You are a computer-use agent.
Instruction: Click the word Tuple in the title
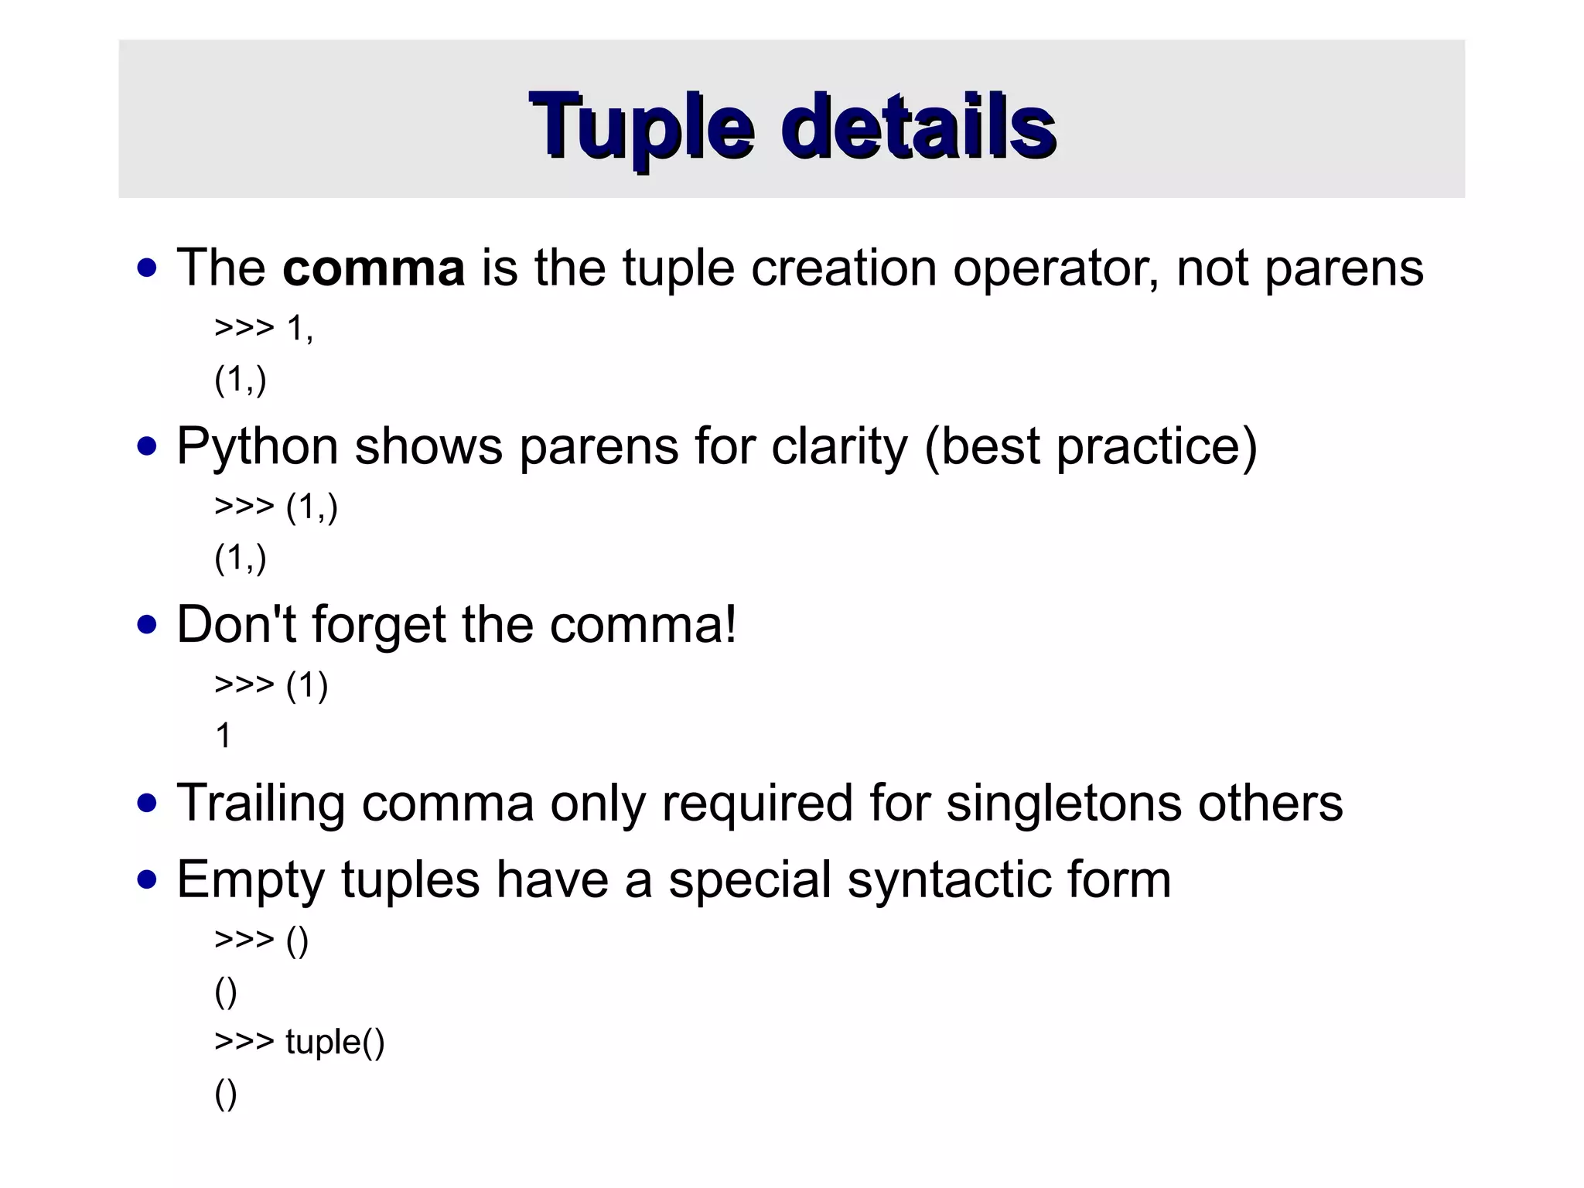(641, 126)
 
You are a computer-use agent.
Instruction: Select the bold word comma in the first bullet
(374, 268)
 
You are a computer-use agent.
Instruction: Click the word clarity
(839, 447)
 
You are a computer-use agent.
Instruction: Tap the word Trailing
(261, 803)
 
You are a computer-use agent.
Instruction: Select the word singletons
(1063, 803)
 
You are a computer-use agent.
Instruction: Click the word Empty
(250, 880)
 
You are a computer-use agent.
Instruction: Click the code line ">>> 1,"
(264, 329)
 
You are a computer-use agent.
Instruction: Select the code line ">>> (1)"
(271, 685)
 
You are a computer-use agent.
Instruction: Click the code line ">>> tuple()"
(299, 1042)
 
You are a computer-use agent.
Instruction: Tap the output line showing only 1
(224, 736)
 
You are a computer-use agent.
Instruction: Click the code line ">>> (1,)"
(276, 507)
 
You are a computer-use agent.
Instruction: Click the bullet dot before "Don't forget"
(146, 625)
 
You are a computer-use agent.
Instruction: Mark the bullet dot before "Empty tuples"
(146, 880)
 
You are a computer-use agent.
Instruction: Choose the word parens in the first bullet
(1343, 269)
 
